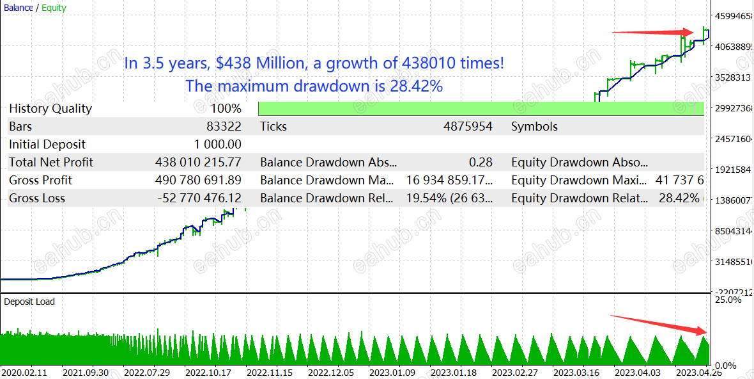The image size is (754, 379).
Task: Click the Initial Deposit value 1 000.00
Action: (x=217, y=145)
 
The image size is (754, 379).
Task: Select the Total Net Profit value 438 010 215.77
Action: (x=198, y=163)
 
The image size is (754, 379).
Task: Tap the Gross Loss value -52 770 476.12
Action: (x=199, y=198)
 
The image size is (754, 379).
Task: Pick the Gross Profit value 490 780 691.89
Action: (x=198, y=181)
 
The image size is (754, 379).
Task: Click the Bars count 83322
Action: (x=224, y=127)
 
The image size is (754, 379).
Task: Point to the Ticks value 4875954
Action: (x=468, y=127)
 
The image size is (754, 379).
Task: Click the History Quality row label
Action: (x=50, y=109)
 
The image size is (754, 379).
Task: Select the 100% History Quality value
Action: (x=226, y=109)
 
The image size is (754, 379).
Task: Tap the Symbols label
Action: (x=534, y=127)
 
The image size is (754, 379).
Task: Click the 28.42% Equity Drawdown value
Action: (x=679, y=198)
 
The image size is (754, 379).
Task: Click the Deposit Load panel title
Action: (x=29, y=302)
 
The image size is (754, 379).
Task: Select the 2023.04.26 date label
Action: (x=700, y=372)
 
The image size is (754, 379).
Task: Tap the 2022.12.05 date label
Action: (x=330, y=372)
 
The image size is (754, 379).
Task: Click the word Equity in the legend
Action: (x=54, y=8)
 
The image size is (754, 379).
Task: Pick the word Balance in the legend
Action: (x=19, y=8)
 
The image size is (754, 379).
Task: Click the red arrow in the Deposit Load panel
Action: (x=658, y=324)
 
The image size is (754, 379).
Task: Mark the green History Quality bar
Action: (x=481, y=109)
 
